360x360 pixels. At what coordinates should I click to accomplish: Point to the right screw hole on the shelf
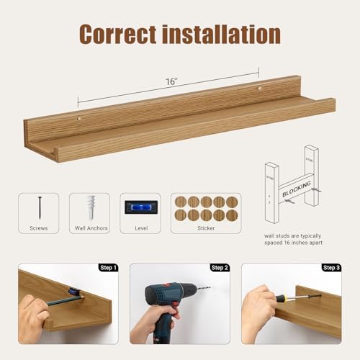[258, 89]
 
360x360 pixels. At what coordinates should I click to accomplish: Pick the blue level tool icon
[140, 207]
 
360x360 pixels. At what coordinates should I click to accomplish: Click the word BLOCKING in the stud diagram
[297, 189]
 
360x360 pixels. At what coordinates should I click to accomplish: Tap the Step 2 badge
[220, 268]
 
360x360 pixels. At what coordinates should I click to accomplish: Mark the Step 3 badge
[331, 268]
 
